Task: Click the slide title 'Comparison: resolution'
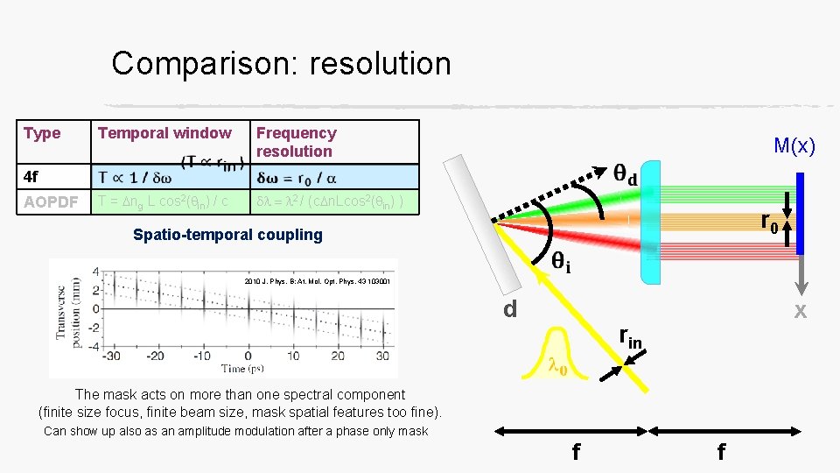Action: point(281,64)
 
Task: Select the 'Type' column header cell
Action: point(42,133)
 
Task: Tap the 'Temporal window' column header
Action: point(164,133)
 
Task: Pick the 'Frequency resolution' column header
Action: point(296,142)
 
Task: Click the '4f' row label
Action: point(31,177)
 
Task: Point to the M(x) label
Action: point(794,146)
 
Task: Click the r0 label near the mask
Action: point(770,224)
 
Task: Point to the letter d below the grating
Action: point(510,308)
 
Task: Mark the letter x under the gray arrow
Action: point(799,311)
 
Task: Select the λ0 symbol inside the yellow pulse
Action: point(556,367)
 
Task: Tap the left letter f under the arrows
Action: point(575,452)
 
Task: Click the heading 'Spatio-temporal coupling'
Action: point(227,235)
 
